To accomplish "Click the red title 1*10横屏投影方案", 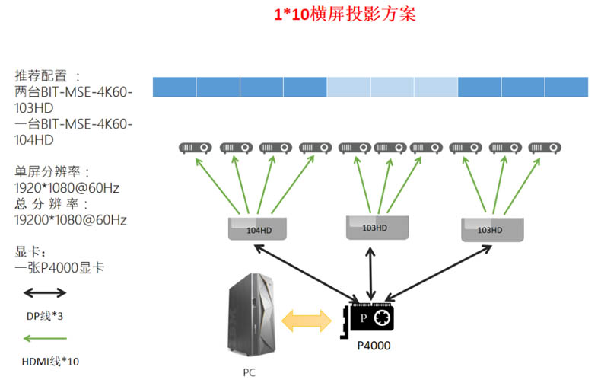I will (x=345, y=15).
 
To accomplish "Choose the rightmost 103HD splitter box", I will (x=491, y=229).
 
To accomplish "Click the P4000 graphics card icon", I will (x=372, y=320).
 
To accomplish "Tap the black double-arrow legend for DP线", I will (x=45, y=292).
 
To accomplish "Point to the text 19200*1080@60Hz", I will (x=70, y=220).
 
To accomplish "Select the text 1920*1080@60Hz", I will (x=67, y=187).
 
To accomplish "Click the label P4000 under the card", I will (x=374, y=346).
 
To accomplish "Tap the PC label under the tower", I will (x=250, y=372).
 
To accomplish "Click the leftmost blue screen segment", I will (x=174, y=87).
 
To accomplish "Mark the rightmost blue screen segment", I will (x=566, y=87).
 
